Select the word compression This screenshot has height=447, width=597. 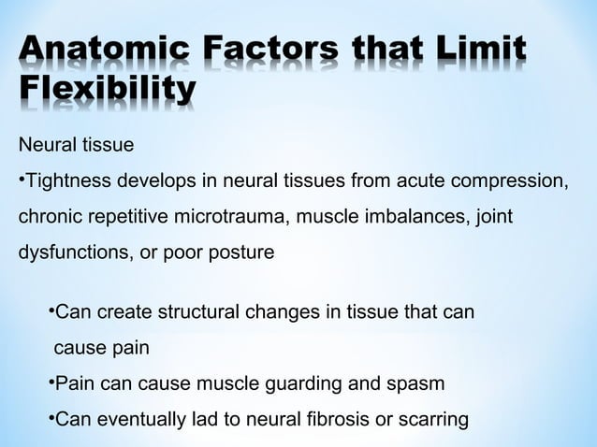[518, 181]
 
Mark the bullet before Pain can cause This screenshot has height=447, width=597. [51, 382]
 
